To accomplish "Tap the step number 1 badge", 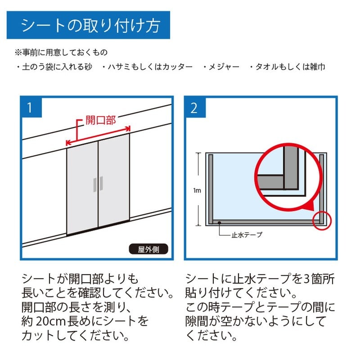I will (x=31, y=108).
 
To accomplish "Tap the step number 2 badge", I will (x=195, y=108).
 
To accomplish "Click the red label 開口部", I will (x=101, y=120).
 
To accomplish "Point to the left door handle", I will (x=94, y=184).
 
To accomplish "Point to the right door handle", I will (x=102, y=184).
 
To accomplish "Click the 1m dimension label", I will (x=197, y=190).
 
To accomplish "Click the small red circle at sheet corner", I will (x=321, y=220).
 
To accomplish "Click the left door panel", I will (x=82, y=189).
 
